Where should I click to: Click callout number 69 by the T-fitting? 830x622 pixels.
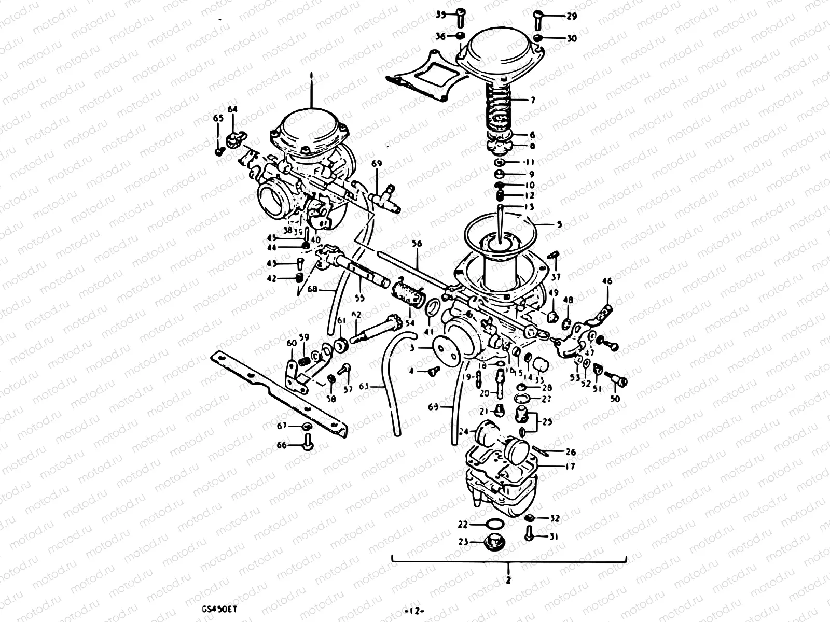coord(377,164)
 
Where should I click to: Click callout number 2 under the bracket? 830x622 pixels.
coord(508,581)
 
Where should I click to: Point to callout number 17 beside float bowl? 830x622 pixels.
coord(570,466)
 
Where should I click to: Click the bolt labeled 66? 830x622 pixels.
coord(307,443)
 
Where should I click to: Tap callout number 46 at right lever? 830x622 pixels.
coord(607,281)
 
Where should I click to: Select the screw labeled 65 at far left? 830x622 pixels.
coord(219,150)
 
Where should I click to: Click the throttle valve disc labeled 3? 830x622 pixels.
coord(446,349)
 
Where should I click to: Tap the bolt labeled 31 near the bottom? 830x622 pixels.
coord(529,533)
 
